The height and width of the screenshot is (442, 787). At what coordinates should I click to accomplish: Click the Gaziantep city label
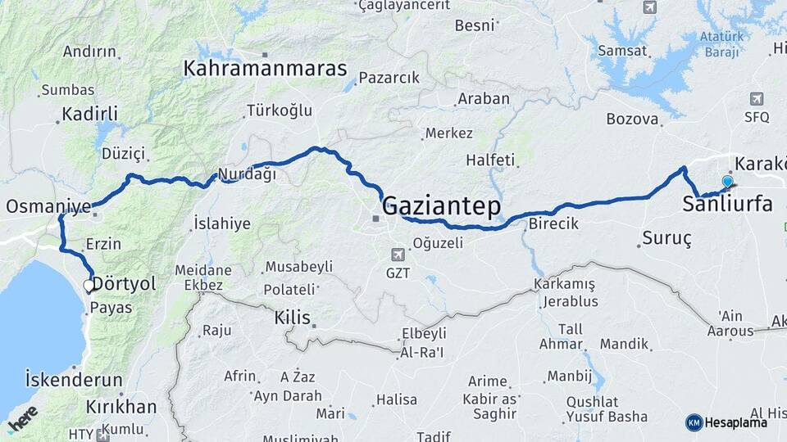click(441, 206)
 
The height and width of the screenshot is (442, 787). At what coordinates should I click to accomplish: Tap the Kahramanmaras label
click(265, 69)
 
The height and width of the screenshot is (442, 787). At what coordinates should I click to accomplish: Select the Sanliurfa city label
click(727, 205)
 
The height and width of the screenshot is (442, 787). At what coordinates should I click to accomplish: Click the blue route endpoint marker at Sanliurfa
click(727, 182)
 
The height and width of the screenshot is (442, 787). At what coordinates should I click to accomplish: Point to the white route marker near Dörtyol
click(89, 286)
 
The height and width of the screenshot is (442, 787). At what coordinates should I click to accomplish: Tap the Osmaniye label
click(48, 207)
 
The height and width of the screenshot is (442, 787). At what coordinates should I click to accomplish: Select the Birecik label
click(554, 223)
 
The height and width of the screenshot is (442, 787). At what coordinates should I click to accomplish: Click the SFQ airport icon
click(756, 99)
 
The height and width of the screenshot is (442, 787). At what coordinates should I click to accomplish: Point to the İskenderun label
click(74, 381)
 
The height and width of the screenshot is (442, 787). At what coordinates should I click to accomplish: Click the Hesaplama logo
click(726, 422)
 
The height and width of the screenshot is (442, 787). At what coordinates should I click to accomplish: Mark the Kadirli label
click(89, 114)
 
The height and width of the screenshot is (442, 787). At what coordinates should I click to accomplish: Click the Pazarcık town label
click(389, 79)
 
